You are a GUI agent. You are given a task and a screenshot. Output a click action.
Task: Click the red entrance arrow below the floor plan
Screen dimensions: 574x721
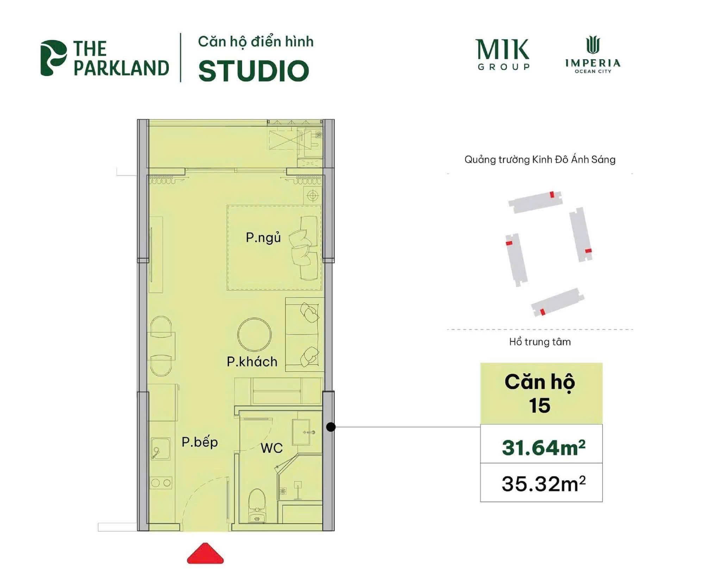tap(205, 553)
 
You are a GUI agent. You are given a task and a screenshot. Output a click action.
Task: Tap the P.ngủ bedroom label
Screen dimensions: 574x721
tap(263, 238)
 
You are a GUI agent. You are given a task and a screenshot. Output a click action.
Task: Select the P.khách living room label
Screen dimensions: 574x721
tap(252, 362)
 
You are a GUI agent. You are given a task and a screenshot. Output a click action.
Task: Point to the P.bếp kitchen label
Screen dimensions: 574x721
tap(200, 442)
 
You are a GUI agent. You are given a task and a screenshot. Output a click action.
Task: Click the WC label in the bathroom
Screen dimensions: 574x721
tap(271, 448)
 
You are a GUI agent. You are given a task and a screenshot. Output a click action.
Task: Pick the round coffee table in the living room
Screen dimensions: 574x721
tap(254, 334)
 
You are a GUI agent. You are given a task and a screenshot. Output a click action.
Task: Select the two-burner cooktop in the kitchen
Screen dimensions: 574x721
tap(161, 483)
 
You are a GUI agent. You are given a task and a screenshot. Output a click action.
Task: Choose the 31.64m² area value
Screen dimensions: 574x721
tap(543, 447)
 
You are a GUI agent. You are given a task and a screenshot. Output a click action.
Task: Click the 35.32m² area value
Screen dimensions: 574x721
tap(543, 484)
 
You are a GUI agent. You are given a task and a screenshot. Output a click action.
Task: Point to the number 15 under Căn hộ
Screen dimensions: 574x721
tap(539, 406)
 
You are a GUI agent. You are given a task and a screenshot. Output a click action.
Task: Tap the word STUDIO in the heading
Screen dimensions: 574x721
tap(253, 71)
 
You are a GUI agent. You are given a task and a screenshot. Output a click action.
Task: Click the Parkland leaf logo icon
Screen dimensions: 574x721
tap(54, 58)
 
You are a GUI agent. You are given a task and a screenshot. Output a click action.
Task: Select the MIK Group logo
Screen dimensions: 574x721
tap(503, 55)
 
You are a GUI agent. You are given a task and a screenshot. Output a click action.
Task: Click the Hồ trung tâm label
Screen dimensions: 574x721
tap(540, 342)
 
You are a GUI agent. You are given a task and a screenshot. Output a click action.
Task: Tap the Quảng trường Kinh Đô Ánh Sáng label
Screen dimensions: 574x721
tap(540, 160)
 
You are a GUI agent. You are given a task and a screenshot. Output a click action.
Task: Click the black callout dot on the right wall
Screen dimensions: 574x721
tap(331, 427)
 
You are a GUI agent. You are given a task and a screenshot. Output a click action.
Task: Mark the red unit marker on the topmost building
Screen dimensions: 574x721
tap(552, 194)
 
